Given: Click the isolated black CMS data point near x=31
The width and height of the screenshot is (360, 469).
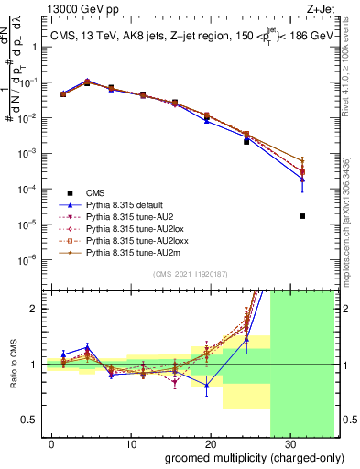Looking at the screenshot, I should click(302, 216).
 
